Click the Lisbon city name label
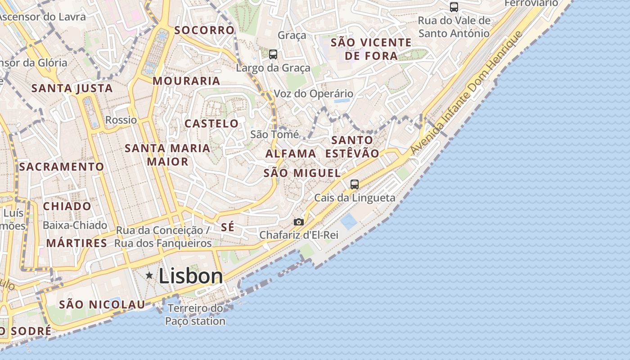pyautogui.click(x=190, y=276)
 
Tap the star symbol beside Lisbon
pyautogui.click(x=149, y=275)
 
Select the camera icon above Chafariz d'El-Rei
pyautogui.click(x=298, y=222)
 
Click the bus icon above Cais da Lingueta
pyautogui.click(x=355, y=184)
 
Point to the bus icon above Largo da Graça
pyautogui.click(x=273, y=54)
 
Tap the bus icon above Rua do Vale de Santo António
pyautogui.click(x=454, y=7)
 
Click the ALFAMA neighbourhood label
pyautogui.click(x=291, y=153)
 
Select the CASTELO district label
pyautogui.click(x=211, y=123)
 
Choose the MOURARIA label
pyautogui.click(x=186, y=81)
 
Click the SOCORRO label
pyautogui.click(x=204, y=30)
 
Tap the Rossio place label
pyautogui.click(x=121, y=120)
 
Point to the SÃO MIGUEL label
pyautogui.click(x=302, y=173)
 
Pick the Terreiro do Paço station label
pyautogui.click(x=195, y=315)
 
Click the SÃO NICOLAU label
pyautogui.click(x=102, y=304)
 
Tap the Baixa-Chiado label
pyautogui.click(x=75, y=225)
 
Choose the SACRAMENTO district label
pyautogui.click(x=62, y=166)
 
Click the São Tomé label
pyautogui.click(x=274, y=134)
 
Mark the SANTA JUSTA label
pyautogui.click(x=72, y=88)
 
